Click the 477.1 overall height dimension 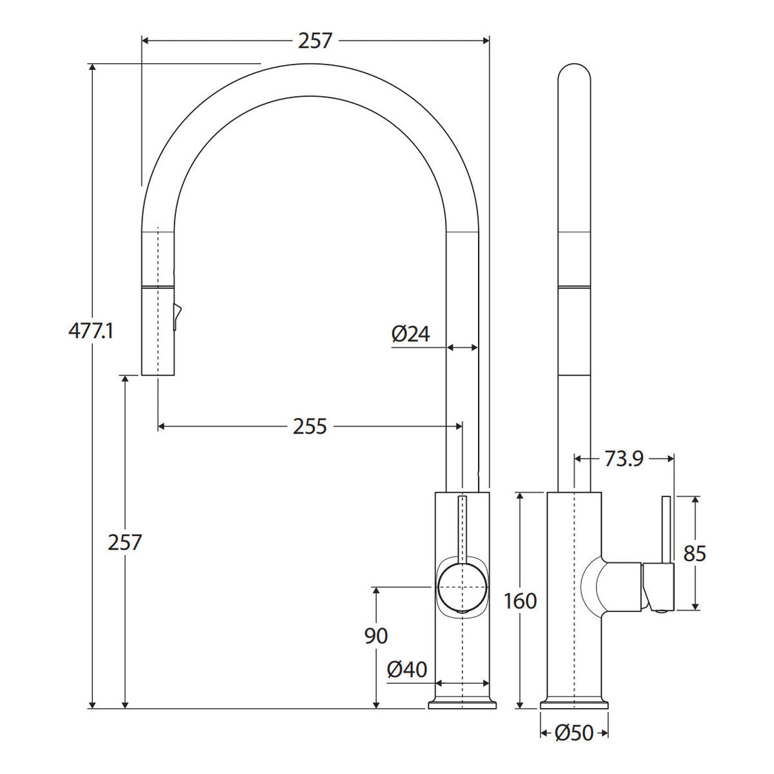click(x=91, y=332)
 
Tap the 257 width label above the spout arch click(x=315, y=41)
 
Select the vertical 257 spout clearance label click(x=125, y=542)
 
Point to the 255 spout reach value click(x=310, y=426)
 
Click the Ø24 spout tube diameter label click(x=410, y=333)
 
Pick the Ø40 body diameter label click(x=407, y=670)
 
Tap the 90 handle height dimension click(x=376, y=636)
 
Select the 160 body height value click(x=520, y=601)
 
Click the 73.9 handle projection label click(x=624, y=459)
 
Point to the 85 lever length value click(x=695, y=553)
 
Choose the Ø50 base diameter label click(x=574, y=733)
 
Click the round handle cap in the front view click(x=462, y=587)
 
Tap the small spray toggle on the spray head click(x=177, y=317)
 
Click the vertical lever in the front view click(x=462, y=530)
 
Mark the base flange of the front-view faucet click(x=462, y=704)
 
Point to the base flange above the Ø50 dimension click(x=575, y=704)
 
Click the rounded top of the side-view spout click(x=575, y=72)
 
